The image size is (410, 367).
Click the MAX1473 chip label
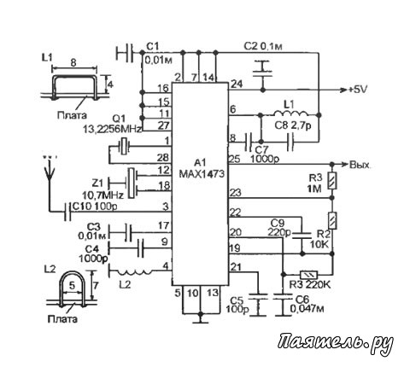(202, 173)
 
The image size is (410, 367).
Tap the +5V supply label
(358, 90)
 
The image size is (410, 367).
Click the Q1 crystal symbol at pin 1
(124, 146)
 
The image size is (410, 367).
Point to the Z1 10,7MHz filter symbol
(132, 183)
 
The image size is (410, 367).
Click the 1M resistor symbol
(332, 181)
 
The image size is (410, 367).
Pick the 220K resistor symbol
(309, 275)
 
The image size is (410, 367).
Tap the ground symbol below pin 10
(201, 322)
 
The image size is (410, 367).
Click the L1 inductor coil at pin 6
(291, 113)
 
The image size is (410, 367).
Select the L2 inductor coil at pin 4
(135, 271)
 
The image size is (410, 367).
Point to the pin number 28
(163, 157)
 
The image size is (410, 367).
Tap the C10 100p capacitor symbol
(67, 212)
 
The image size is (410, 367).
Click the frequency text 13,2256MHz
(112, 130)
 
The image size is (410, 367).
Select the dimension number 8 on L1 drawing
(73, 62)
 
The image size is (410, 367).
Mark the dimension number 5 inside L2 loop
(73, 285)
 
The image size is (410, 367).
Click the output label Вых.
(360, 165)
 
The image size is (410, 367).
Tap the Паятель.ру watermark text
(336, 344)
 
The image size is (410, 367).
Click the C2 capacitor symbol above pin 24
(262, 72)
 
